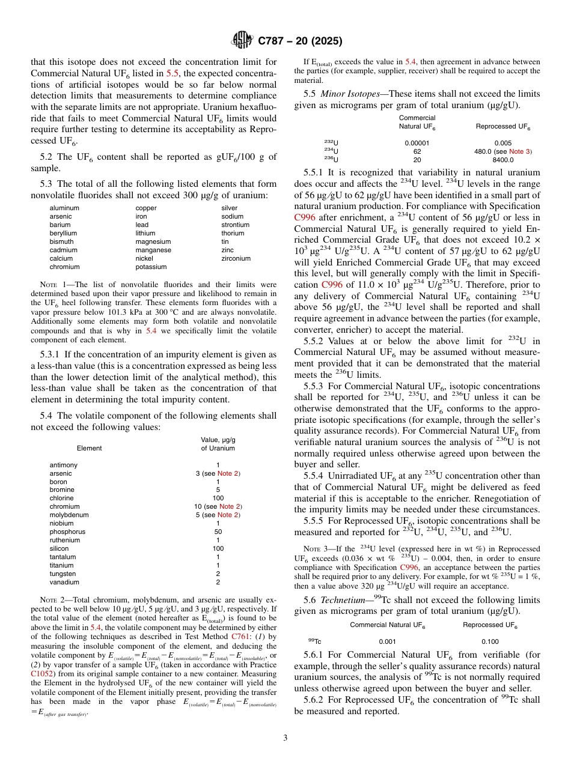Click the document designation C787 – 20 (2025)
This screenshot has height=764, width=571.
(300, 41)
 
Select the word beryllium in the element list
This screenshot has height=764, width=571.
(63, 233)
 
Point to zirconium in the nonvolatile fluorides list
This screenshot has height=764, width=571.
(236, 258)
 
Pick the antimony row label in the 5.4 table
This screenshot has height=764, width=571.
(63, 465)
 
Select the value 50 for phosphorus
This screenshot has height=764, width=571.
(218, 532)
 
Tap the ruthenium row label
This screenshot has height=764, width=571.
(64, 540)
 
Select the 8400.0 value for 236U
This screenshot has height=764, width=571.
(503, 159)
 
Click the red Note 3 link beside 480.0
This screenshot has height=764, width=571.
(520, 151)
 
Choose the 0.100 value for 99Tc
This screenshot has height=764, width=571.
(490, 641)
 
